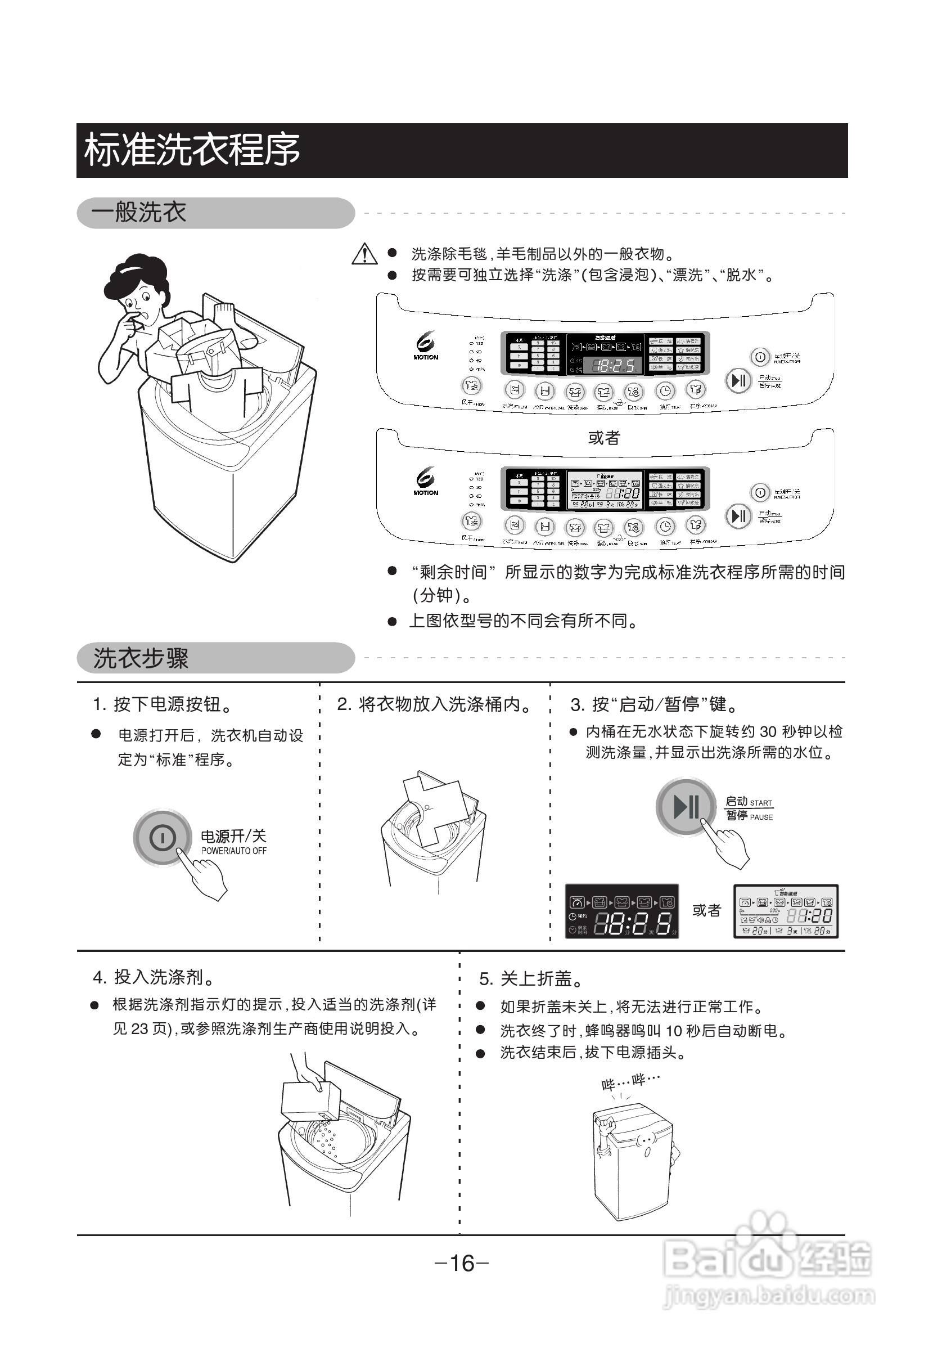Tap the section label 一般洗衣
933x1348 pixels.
(x=138, y=212)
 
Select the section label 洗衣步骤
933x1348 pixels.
(x=141, y=658)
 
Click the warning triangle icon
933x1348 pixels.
(x=364, y=254)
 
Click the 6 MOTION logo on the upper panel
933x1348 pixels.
(x=426, y=346)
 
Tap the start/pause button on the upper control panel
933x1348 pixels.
(x=738, y=381)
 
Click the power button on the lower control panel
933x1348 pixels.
(x=759, y=492)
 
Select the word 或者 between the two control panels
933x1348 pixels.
(x=604, y=438)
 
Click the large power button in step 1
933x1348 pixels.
(x=163, y=838)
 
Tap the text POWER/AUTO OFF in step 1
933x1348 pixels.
(x=234, y=851)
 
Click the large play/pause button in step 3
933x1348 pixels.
(x=686, y=806)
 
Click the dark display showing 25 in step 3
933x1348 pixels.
(x=621, y=910)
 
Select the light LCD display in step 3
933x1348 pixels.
(x=786, y=910)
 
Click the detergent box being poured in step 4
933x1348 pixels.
(x=310, y=1100)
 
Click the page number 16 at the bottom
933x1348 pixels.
(x=462, y=1263)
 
